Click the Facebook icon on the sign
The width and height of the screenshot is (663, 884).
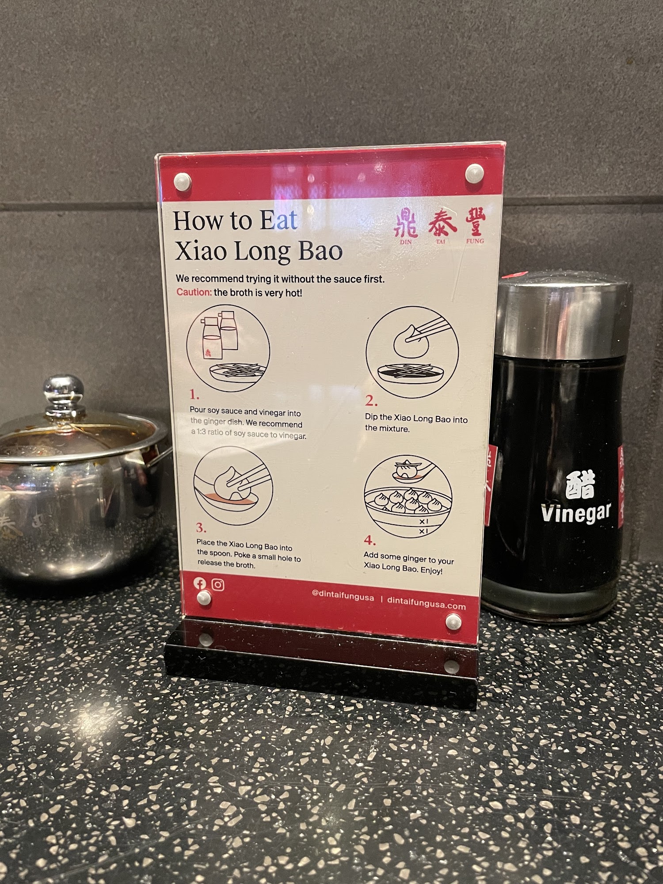(x=200, y=583)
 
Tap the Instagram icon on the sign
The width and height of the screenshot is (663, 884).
(x=218, y=585)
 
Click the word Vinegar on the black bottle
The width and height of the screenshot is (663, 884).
(x=576, y=513)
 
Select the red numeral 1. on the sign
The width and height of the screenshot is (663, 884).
(x=194, y=394)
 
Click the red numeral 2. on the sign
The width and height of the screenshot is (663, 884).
(x=371, y=401)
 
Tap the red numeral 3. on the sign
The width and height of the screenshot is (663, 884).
(x=201, y=528)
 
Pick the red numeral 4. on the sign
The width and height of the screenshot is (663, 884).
(x=370, y=540)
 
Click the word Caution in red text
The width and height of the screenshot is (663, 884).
(x=194, y=292)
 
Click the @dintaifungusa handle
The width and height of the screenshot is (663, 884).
(x=343, y=596)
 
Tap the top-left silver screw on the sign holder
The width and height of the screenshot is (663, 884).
(x=182, y=181)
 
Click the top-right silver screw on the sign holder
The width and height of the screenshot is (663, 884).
(x=474, y=173)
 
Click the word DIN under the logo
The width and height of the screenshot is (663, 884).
(x=406, y=242)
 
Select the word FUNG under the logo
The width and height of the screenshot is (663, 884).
(x=475, y=241)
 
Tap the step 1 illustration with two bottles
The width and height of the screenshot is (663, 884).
(x=228, y=348)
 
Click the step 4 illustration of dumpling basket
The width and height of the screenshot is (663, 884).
(x=408, y=496)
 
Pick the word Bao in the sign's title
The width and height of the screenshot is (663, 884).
(x=321, y=251)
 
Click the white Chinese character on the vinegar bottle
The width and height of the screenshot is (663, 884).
(x=580, y=485)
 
